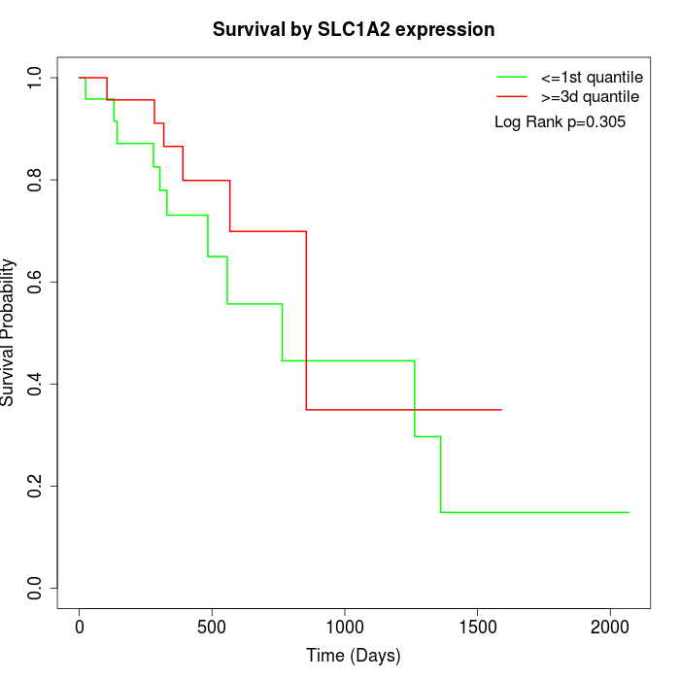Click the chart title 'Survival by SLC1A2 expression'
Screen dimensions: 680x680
354,30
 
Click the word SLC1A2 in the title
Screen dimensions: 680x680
354,30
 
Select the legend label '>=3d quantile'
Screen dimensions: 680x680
590,97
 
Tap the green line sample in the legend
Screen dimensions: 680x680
511,77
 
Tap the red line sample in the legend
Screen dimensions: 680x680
511,97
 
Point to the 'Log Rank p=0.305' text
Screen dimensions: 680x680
560,122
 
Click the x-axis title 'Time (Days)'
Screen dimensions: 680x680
354,656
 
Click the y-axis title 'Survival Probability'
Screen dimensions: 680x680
9,332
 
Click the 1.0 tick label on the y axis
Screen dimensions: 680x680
36,78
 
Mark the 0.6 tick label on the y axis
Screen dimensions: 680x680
36,282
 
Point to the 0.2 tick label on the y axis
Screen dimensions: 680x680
36,486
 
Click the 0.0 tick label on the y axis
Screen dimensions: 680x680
36,588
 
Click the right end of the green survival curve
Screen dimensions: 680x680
629,512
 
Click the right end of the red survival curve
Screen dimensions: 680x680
501,410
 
